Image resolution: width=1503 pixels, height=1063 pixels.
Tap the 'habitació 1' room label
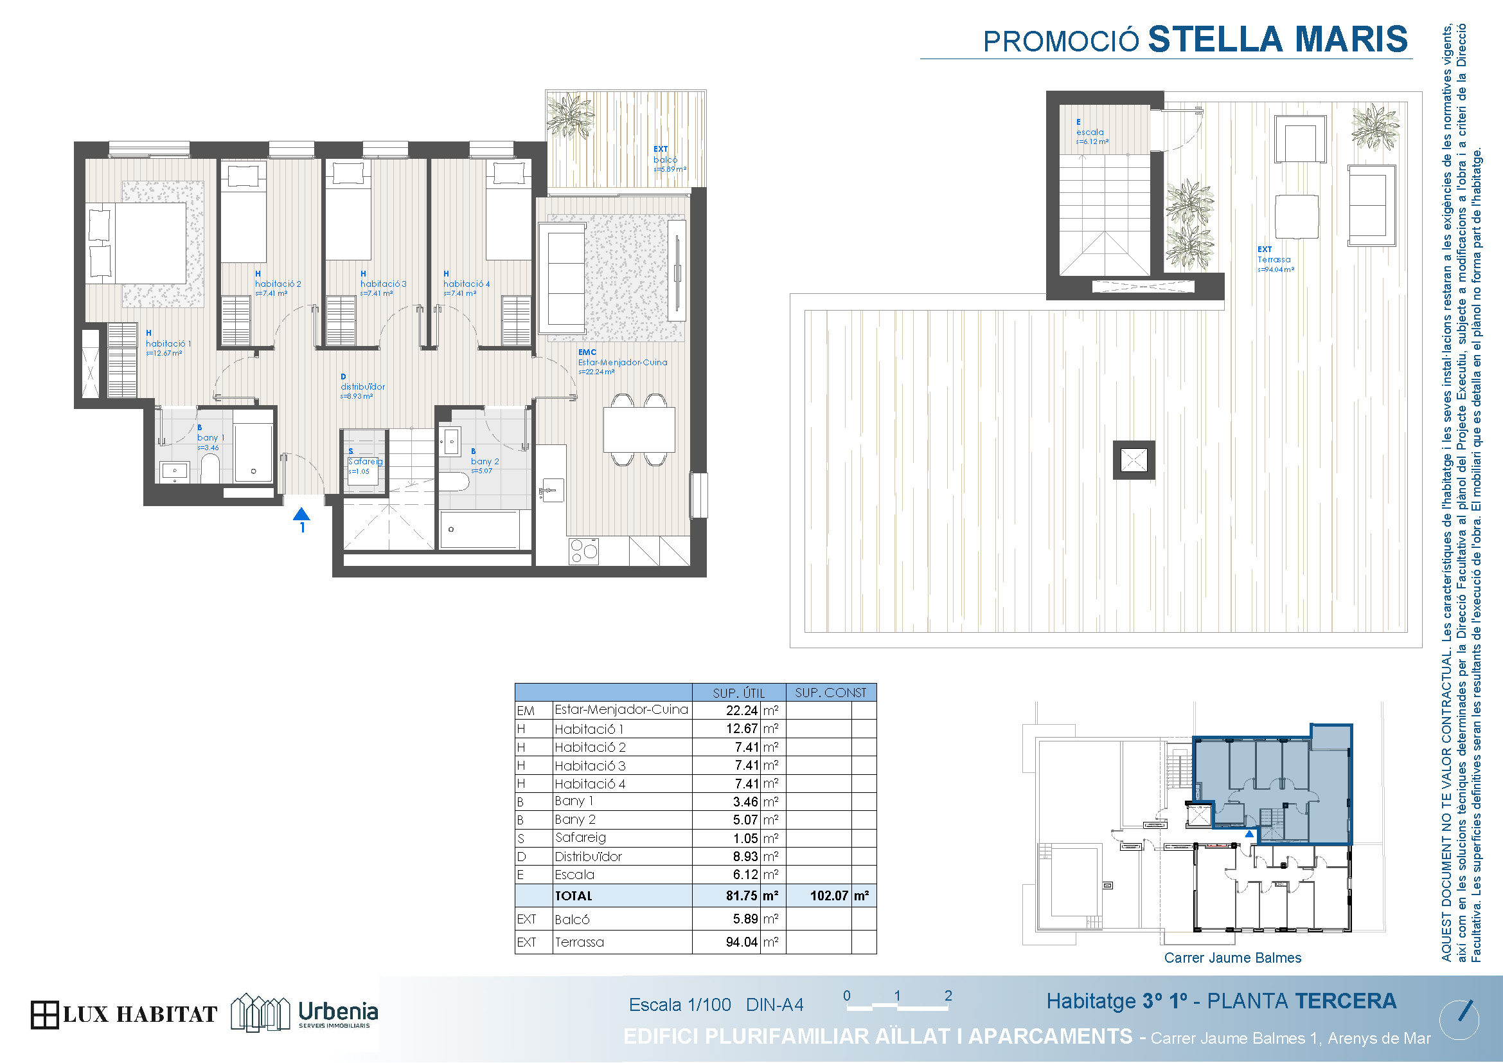pos(168,343)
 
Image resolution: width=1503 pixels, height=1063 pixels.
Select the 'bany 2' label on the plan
pos(485,461)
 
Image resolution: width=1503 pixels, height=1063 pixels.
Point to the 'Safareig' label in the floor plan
pos(365,461)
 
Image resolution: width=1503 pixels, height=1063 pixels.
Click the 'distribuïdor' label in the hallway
pos(362,386)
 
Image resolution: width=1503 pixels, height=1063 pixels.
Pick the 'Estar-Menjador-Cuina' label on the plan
pos(623,362)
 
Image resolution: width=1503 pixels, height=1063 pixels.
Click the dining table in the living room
pos(639,429)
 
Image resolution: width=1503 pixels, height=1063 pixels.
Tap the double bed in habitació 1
pos(136,242)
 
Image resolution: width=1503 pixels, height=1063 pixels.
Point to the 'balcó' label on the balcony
pos(665,159)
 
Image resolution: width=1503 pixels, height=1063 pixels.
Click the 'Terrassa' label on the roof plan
pos(1274,259)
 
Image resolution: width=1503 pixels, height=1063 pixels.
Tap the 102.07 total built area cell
pos(829,895)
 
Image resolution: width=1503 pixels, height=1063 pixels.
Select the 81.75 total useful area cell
pos(741,895)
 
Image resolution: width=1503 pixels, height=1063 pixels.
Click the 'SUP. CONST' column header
pos(830,693)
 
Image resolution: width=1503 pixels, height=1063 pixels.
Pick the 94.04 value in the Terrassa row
pos(741,942)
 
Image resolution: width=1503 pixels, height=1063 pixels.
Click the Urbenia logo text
pos(338,1011)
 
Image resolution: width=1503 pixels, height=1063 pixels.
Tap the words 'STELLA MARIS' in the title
pos(1278,39)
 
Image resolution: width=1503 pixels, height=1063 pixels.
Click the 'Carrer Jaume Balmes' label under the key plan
pos(1232,958)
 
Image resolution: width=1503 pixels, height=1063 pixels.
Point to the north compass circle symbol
pos(1459,1020)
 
